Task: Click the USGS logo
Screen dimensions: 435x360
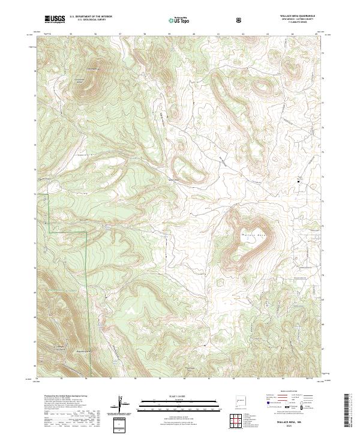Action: point(55,19)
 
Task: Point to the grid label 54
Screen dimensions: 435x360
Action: point(37,379)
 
